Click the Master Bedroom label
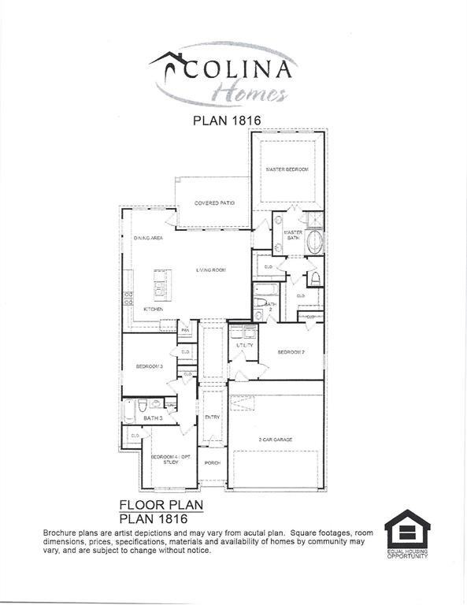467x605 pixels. click(x=287, y=169)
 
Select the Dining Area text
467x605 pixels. click(x=148, y=238)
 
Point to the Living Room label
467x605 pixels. click(x=211, y=270)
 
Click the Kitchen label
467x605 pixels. click(x=153, y=310)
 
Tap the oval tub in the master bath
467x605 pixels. click(x=314, y=242)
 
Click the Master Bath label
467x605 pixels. click(x=293, y=235)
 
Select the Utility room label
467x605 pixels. click(x=244, y=345)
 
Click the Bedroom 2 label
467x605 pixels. click(x=291, y=352)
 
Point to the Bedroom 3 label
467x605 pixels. click(x=149, y=366)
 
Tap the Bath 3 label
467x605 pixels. click(x=153, y=418)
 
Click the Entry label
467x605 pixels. click(x=212, y=418)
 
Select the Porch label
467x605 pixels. click(x=212, y=462)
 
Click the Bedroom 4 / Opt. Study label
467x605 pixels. click(x=165, y=459)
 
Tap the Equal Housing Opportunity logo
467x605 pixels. click(x=407, y=534)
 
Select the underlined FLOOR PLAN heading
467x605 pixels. click(x=161, y=504)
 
